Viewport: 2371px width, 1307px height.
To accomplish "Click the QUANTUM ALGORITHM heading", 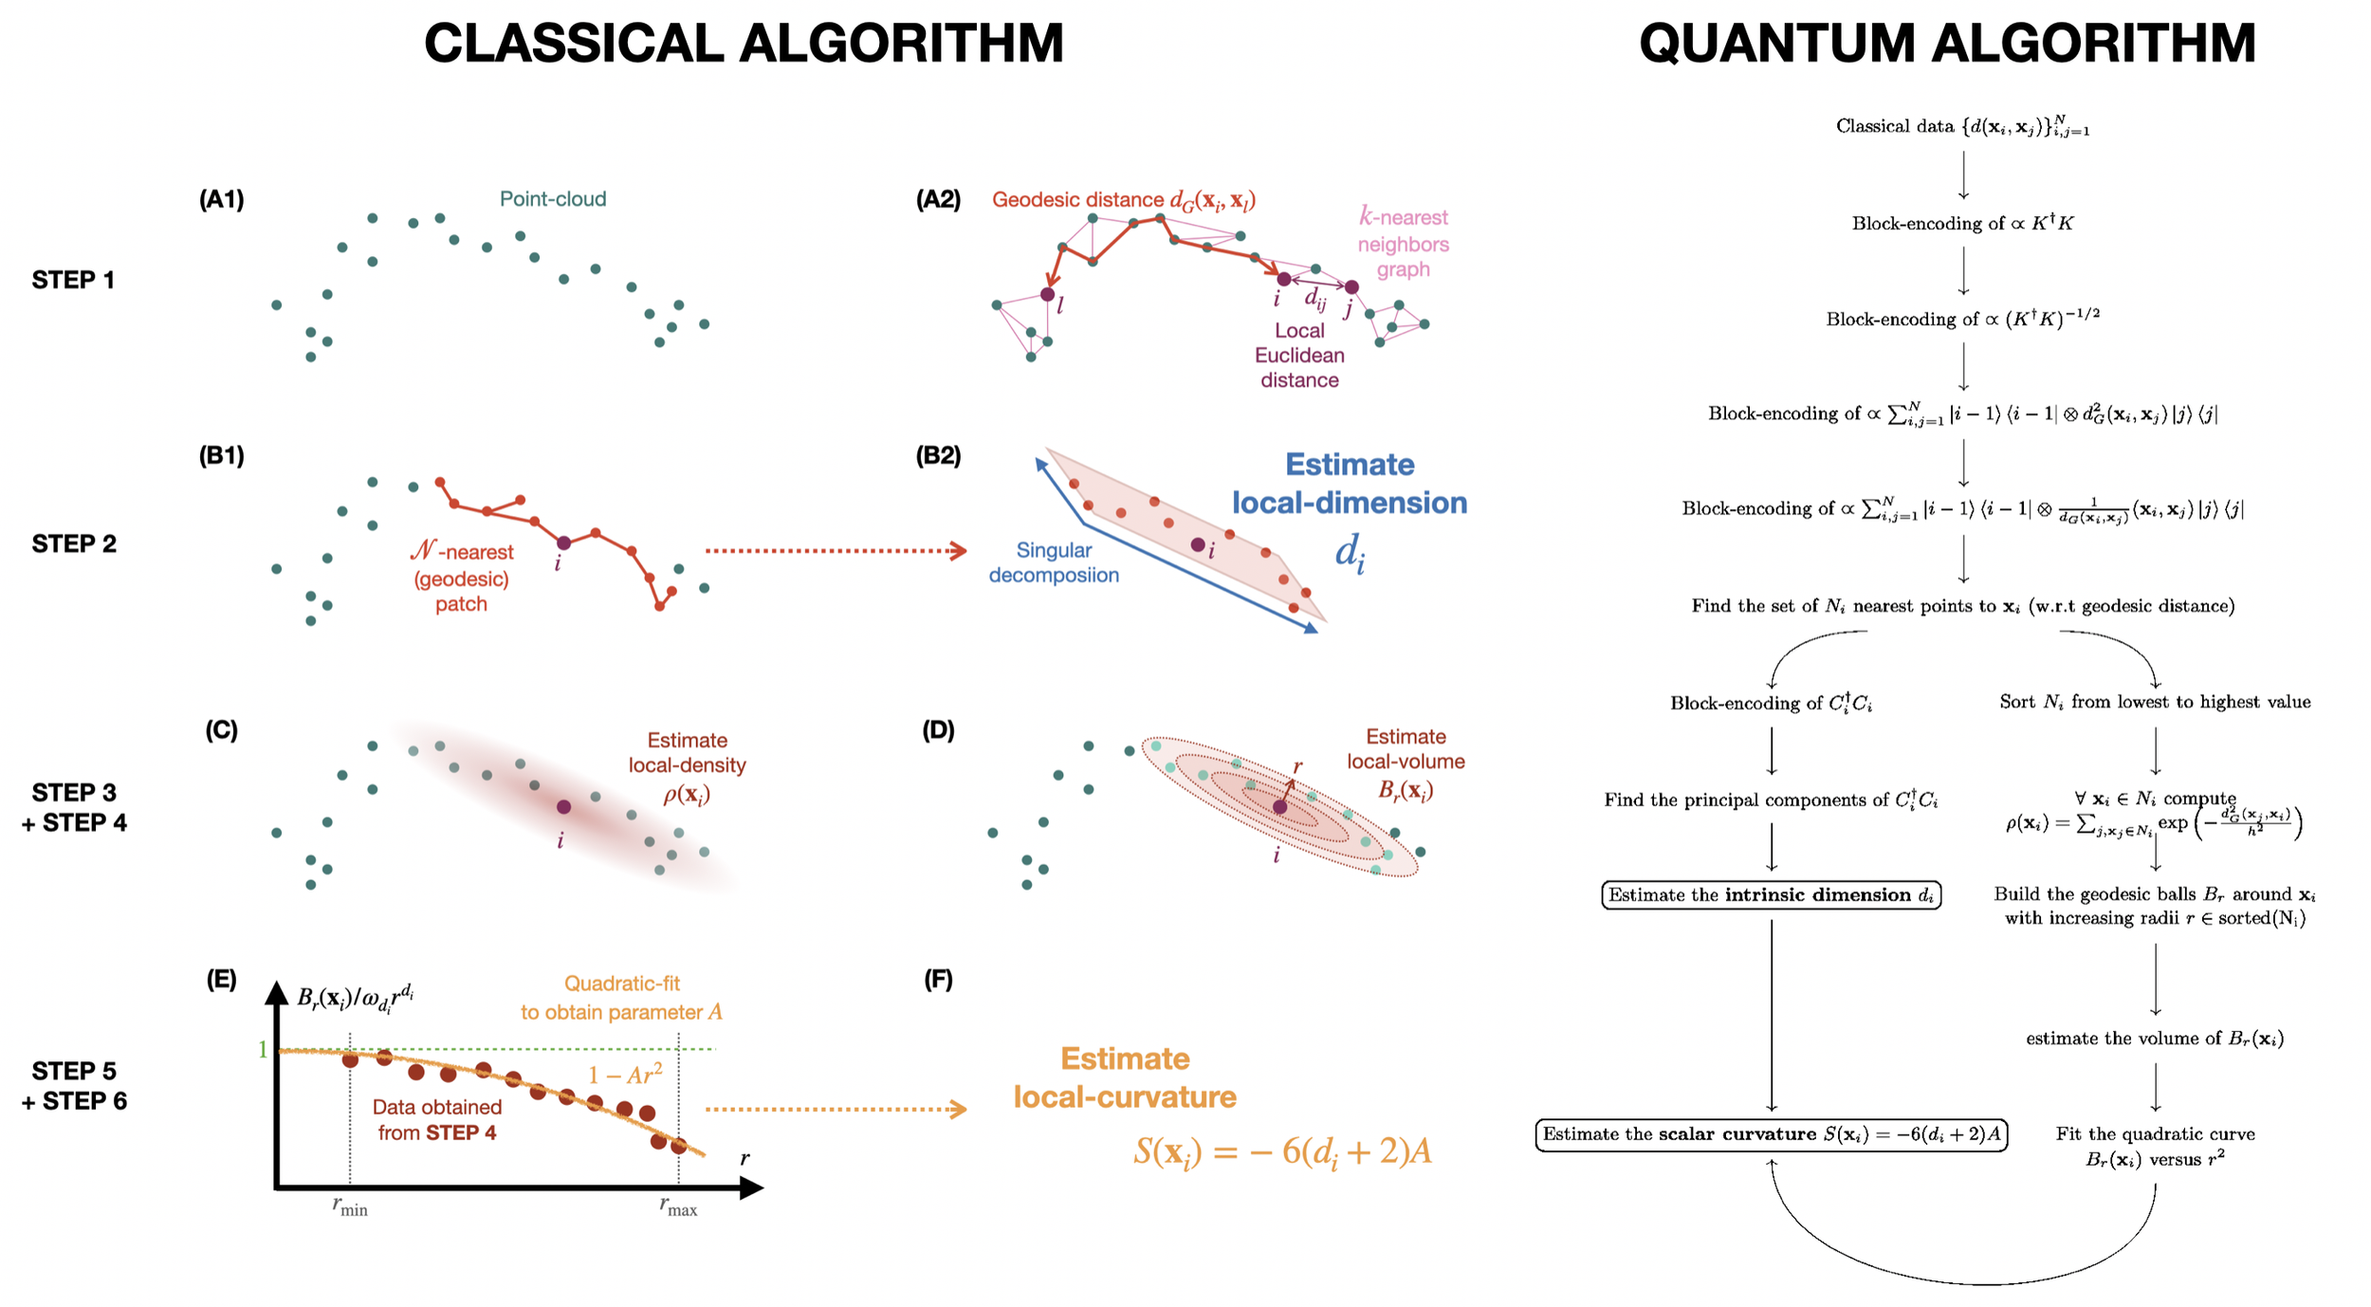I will [x=1946, y=44].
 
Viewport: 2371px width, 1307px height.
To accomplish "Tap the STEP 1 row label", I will [x=73, y=280].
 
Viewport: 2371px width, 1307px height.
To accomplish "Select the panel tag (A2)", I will [x=937, y=199].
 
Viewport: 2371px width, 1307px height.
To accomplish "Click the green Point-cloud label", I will [x=552, y=199].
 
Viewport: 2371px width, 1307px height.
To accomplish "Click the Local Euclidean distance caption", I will [x=1298, y=355].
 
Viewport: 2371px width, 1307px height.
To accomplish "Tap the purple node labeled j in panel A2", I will [x=1351, y=286].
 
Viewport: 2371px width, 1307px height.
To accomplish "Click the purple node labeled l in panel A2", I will [x=1047, y=294].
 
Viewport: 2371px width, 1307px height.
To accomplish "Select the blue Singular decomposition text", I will [x=1053, y=562].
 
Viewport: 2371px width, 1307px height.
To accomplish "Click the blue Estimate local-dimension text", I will [x=1349, y=484].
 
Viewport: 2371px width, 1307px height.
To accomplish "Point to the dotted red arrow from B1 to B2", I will [x=835, y=550].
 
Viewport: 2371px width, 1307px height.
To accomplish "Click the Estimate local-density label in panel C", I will [x=687, y=753].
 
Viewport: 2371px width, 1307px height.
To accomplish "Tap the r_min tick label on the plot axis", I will [x=349, y=1206].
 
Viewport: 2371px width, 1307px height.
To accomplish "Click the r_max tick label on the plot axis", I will [x=678, y=1206].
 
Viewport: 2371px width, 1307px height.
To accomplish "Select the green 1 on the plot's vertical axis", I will [x=263, y=1049].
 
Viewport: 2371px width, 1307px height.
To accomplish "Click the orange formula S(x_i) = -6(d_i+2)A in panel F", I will [x=1281, y=1151].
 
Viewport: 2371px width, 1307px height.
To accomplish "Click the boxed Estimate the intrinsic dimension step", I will [x=1770, y=894].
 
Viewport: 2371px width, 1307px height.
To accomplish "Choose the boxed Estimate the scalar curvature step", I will [x=1770, y=1133].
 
